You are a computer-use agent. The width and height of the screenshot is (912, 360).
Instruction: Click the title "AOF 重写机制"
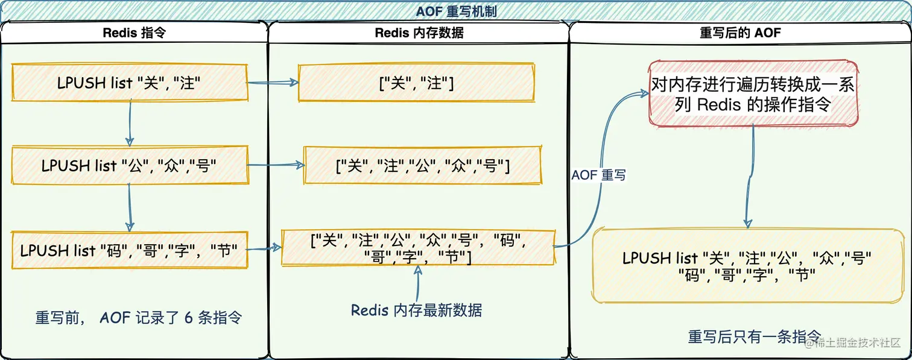tap(456, 11)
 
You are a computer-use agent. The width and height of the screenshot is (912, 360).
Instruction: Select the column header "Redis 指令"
tap(134, 33)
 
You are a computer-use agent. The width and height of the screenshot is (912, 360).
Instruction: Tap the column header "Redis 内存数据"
tap(419, 33)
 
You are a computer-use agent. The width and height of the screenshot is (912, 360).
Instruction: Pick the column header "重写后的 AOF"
tap(740, 33)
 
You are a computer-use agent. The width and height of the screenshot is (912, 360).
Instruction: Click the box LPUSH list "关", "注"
tap(129, 83)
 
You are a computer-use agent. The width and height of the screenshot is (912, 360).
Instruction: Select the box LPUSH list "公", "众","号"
tap(129, 165)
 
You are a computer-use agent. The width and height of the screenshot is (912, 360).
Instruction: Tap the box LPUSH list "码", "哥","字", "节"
tap(129, 250)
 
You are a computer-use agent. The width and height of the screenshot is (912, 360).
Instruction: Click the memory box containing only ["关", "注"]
tap(416, 83)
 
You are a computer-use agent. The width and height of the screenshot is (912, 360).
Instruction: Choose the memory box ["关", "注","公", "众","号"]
tap(423, 165)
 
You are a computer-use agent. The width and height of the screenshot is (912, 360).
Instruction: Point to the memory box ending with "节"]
tap(418, 248)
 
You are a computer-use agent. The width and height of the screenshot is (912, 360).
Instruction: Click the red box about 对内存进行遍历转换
tap(753, 93)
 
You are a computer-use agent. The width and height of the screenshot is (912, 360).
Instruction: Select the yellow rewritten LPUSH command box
tap(747, 266)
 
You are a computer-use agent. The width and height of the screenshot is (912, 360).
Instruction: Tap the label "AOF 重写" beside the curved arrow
tap(598, 175)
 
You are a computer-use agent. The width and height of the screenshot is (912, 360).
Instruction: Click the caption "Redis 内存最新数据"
tap(416, 311)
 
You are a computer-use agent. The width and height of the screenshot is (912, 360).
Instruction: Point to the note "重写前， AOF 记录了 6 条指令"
tap(138, 318)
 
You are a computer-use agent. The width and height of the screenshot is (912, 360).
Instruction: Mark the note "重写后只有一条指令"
tap(755, 336)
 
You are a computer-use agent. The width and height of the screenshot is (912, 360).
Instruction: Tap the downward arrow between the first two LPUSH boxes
tap(130, 123)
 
